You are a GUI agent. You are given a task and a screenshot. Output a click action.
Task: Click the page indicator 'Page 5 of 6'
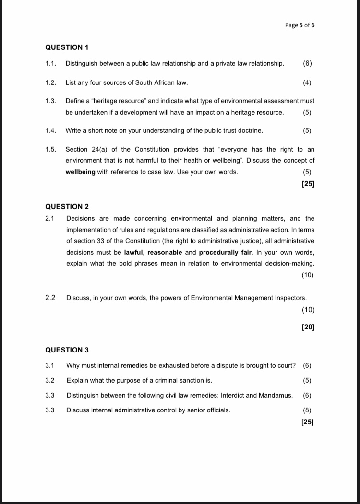click(300, 25)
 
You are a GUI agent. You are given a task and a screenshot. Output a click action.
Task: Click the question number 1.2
click(51, 82)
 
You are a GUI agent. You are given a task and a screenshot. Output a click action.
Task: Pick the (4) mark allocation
click(307, 82)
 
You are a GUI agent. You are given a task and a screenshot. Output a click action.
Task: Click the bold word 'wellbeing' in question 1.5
click(81, 172)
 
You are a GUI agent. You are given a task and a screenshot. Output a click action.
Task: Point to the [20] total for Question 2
click(308, 327)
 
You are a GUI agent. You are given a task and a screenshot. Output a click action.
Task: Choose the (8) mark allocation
click(307, 410)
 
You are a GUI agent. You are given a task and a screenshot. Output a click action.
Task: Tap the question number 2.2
click(50, 298)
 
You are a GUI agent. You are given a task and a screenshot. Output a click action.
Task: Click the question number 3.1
click(50, 365)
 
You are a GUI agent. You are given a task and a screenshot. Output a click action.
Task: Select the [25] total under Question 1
click(308, 183)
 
